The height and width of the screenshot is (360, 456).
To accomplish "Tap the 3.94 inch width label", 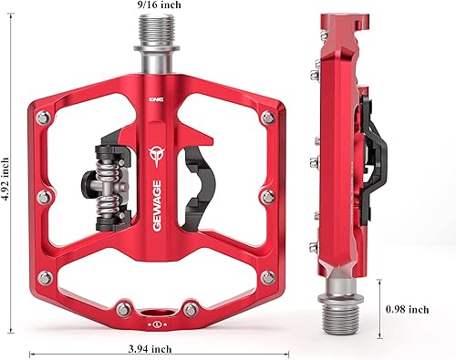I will coord(149,348).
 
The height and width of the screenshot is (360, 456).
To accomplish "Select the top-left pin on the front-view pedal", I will coord(41,117).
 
